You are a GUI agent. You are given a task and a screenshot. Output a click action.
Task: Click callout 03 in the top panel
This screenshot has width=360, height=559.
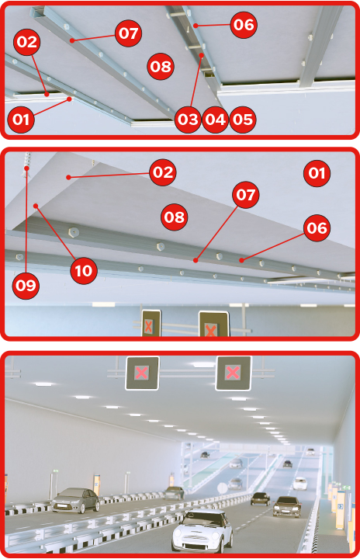[188, 120]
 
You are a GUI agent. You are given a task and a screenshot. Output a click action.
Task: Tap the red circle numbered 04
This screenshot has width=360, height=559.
[215, 120]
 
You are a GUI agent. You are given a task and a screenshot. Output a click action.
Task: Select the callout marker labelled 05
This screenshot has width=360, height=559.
[243, 120]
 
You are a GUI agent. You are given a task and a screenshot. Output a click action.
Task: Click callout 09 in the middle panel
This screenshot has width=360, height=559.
[26, 286]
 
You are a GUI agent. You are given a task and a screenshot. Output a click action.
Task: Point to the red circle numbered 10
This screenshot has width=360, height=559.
[84, 271]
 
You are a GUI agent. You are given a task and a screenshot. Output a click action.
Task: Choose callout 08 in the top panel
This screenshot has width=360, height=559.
[161, 66]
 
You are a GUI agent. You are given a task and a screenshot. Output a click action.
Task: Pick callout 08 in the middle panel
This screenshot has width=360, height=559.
[175, 217]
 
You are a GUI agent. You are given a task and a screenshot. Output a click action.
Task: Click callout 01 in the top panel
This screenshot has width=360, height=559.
[21, 120]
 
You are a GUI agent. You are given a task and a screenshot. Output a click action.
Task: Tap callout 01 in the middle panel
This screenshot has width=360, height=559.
[317, 173]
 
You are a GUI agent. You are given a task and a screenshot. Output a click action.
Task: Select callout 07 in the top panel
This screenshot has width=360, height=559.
[128, 33]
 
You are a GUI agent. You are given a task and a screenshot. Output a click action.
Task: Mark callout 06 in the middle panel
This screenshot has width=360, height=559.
[317, 227]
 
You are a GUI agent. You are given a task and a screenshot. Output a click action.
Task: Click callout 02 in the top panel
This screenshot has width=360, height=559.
[26, 42]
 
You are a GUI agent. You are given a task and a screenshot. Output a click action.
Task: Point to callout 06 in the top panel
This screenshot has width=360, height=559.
[244, 25]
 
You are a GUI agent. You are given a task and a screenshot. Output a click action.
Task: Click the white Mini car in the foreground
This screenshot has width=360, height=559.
[202, 531]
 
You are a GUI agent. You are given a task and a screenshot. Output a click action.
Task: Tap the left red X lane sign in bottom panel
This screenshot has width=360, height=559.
[142, 373]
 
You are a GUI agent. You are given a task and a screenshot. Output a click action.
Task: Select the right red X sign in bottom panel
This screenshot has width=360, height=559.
[233, 373]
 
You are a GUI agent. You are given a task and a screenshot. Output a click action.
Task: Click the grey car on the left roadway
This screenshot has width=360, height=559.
[76, 500]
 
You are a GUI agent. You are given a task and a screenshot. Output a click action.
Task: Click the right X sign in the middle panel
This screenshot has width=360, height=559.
[213, 324]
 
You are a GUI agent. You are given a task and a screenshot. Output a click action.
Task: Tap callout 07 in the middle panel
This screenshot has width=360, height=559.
[246, 195]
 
